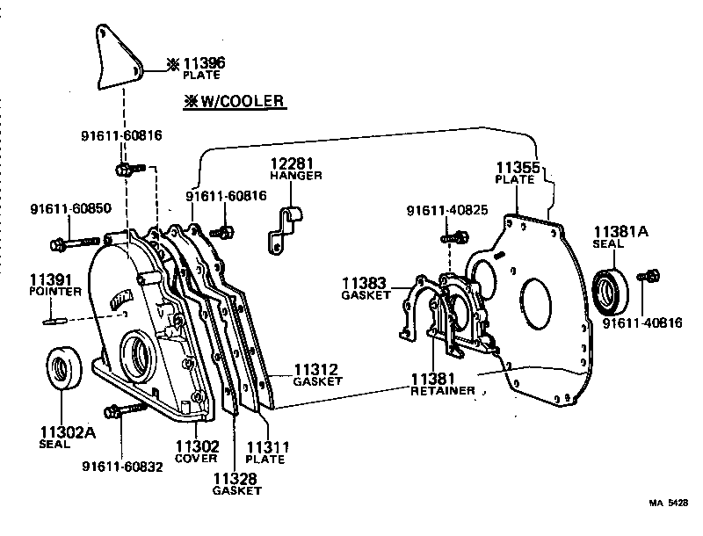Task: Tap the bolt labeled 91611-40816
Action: [651, 277]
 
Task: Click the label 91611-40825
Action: [446, 211]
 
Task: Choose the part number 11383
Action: [366, 283]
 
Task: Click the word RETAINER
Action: [443, 390]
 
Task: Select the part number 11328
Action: [236, 478]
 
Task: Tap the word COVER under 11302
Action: [196, 459]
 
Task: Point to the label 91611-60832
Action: [122, 467]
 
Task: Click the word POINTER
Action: [55, 291]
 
